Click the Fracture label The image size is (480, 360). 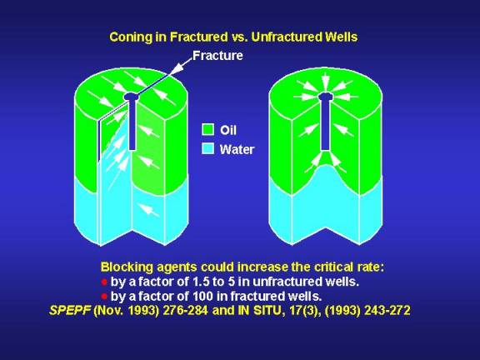pyautogui.click(x=217, y=56)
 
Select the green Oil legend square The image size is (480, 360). pyautogui.click(x=207, y=129)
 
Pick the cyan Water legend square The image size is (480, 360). pyautogui.click(x=207, y=149)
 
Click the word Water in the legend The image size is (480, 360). pyautogui.click(x=237, y=149)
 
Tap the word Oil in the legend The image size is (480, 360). pyautogui.click(x=228, y=130)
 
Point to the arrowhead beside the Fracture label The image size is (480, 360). pyautogui.click(x=174, y=70)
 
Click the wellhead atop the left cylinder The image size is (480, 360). pyautogui.click(x=132, y=97)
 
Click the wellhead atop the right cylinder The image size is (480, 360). pyautogui.click(x=325, y=97)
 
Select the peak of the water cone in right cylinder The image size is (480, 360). pyautogui.click(x=326, y=166)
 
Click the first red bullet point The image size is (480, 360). pyautogui.click(x=104, y=282)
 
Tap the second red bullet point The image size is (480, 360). pyautogui.click(x=104, y=297)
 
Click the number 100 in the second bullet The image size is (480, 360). pyautogui.click(x=202, y=297)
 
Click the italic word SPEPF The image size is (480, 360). pyautogui.click(x=70, y=311)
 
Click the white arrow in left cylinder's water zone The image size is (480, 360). pyautogui.click(x=148, y=210)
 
